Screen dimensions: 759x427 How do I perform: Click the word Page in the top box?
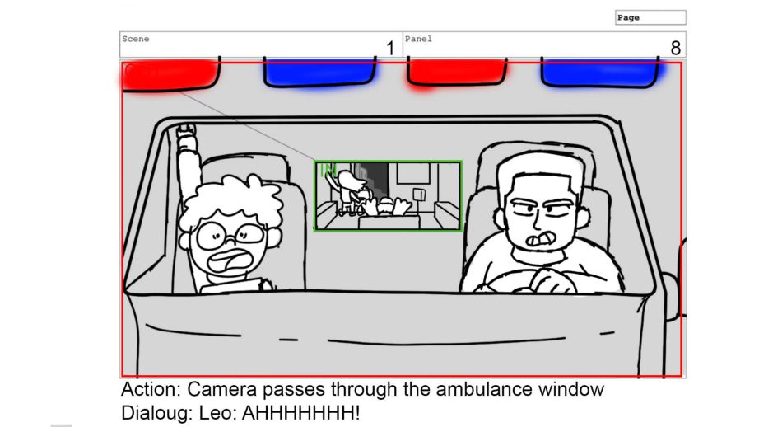click(x=628, y=18)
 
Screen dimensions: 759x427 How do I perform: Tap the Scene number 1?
click(x=390, y=49)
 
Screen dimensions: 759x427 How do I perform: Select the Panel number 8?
click(x=676, y=49)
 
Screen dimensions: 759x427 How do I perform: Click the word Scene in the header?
click(x=136, y=39)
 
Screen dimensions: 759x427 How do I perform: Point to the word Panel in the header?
click(x=418, y=39)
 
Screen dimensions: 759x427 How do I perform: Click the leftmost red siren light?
click(x=170, y=75)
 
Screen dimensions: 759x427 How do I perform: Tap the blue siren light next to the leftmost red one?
click(x=320, y=73)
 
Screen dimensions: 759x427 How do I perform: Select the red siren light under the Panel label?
click(x=457, y=73)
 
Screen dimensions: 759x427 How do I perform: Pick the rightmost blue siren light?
click(x=600, y=73)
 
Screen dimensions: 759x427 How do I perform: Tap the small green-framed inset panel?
click(x=388, y=196)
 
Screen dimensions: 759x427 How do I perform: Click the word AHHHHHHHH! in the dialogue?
click(x=300, y=413)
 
